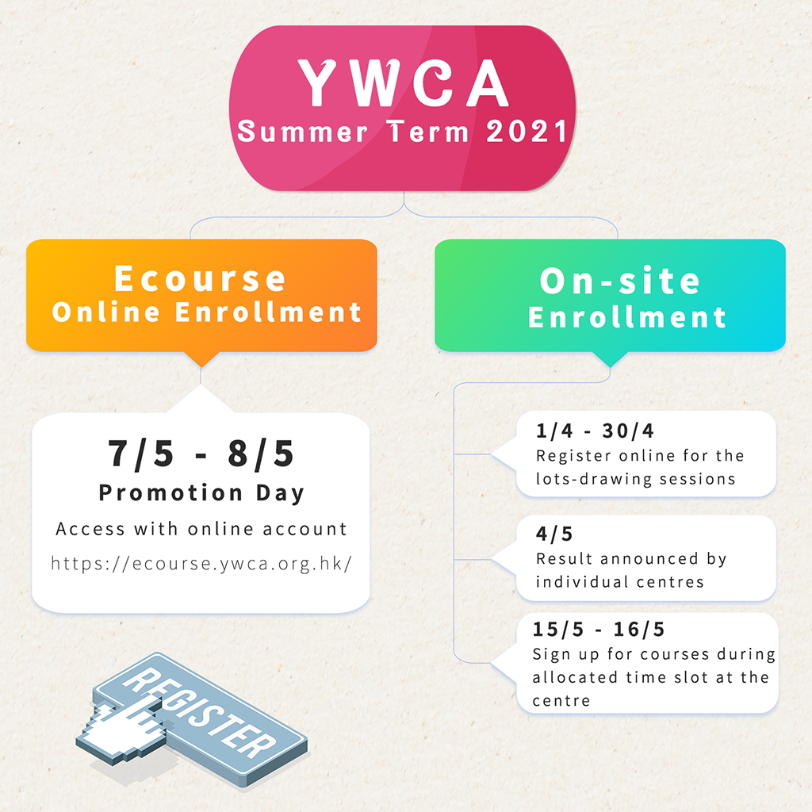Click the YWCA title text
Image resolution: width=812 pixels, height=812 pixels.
(x=404, y=82)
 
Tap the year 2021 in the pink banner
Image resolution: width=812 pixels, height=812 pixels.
(x=527, y=132)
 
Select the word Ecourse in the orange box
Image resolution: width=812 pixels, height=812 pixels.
(x=201, y=278)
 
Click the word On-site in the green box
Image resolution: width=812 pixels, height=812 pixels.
(x=620, y=281)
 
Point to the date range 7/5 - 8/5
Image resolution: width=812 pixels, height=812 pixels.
(x=201, y=454)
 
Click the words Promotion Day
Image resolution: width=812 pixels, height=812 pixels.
(x=201, y=493)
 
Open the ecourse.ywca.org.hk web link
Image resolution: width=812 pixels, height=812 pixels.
(x=201, y=564)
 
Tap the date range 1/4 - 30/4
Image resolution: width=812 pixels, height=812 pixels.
(x=595, y=431)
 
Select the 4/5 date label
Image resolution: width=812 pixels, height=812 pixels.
(x=554, y=534)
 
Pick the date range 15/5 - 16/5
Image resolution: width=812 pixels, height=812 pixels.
(x=598, y=630)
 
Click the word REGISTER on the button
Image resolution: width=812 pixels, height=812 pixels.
(x=200, y=713)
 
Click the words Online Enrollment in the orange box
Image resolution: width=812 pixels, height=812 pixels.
(x=207, y=312)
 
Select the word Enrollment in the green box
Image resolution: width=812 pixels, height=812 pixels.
(x=626, y=317)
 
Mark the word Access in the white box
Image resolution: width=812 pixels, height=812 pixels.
(x=90, y=529)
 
